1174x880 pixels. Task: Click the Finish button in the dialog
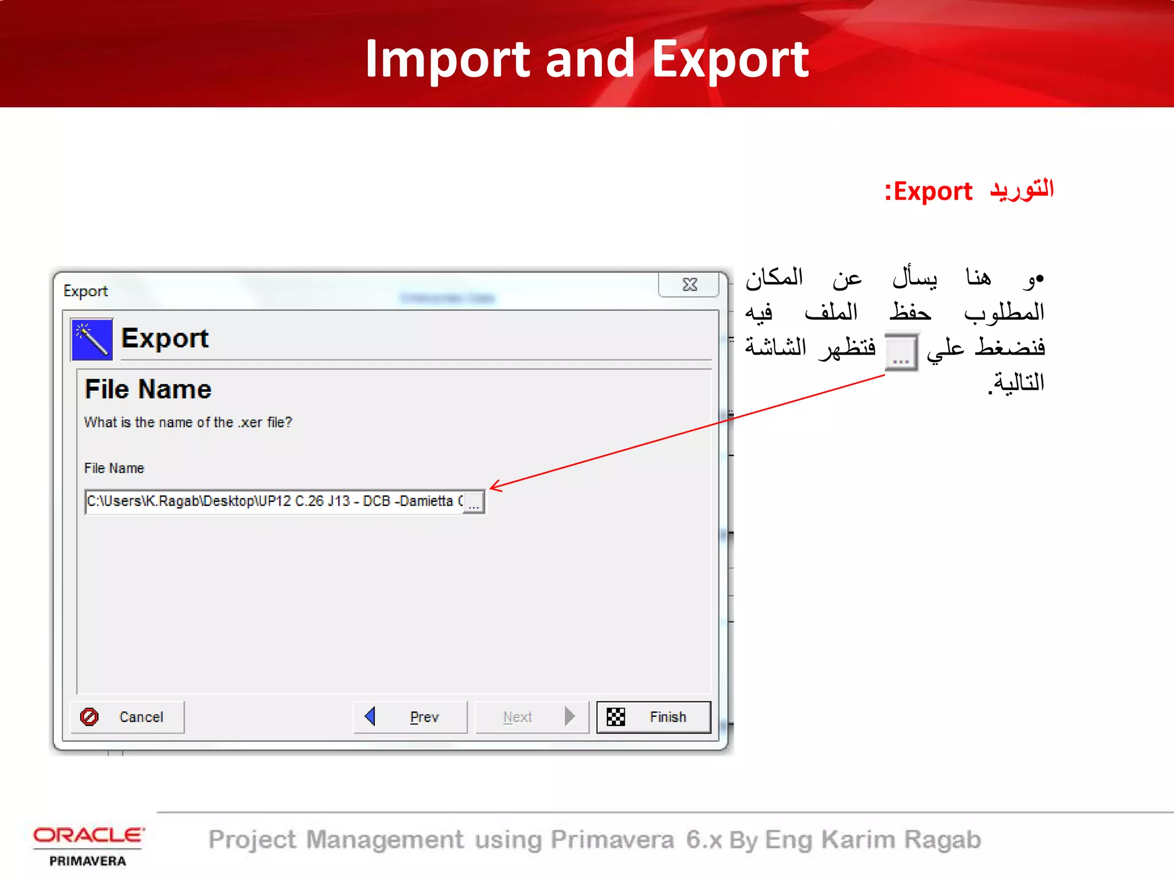653,717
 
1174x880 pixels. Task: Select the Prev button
410,717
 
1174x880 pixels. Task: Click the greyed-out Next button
532,717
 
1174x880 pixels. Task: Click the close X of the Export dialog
690,285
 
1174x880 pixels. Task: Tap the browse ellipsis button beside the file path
474,502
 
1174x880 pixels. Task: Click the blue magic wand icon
92,339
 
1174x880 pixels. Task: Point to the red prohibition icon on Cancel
89,717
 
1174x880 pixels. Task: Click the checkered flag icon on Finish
616,717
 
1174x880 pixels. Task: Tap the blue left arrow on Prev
370,716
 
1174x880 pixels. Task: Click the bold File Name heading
148,390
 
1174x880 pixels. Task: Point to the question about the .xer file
188,423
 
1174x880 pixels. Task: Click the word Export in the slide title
730,59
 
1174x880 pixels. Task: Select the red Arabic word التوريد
1022,190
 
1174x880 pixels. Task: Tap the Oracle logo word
88,835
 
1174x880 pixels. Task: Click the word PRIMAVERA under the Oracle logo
88,861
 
